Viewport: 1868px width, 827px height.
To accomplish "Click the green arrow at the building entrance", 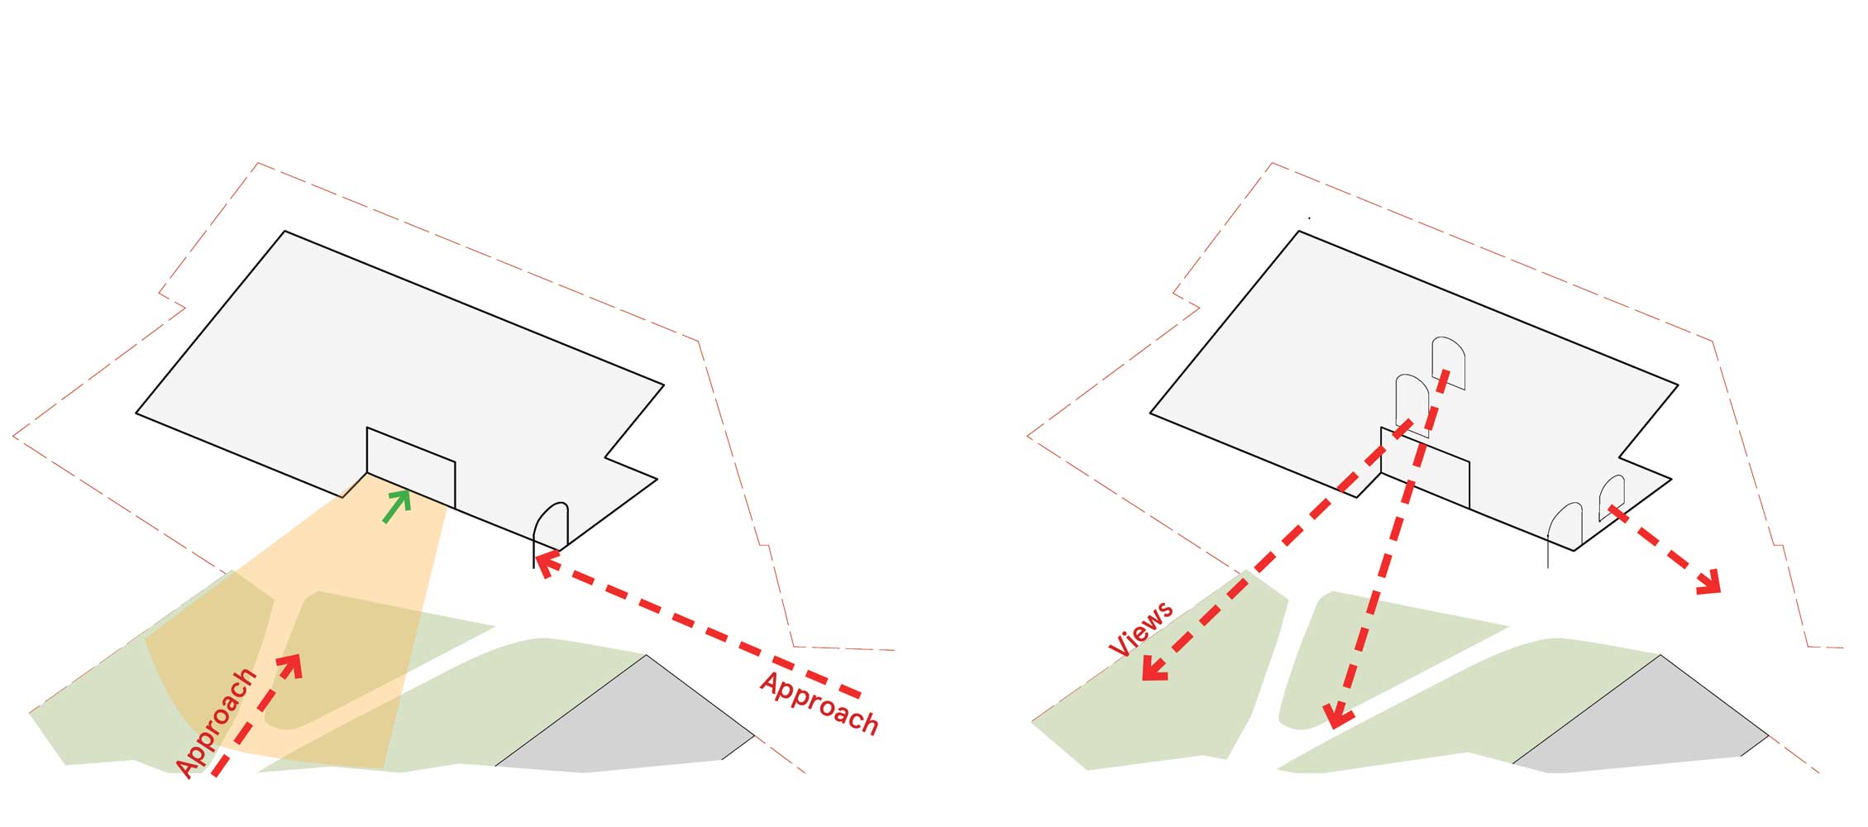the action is pos(398,505).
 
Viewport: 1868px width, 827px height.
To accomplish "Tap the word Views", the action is pos(1140,629).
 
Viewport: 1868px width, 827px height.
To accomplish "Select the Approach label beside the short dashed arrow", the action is pos(217,723).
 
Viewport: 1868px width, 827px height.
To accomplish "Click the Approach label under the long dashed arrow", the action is pos(819,703).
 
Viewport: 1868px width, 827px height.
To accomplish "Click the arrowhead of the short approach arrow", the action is pos(292,664).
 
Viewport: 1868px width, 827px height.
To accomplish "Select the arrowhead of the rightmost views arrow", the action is pos(1708,582).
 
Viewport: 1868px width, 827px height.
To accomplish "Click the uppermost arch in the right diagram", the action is pos(1449,362).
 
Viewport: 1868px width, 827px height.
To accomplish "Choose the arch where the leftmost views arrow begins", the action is pos(1412,405).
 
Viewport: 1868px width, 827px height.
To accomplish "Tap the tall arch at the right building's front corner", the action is pos(1565,533).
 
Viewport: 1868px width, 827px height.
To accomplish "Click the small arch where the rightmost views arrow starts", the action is pos(1612,496).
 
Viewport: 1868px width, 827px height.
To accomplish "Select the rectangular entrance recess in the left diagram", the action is pos(411,467).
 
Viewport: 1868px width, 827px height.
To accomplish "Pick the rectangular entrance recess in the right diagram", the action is pos(1425,467).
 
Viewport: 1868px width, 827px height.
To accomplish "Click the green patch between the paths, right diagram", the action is pos(1373,653).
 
